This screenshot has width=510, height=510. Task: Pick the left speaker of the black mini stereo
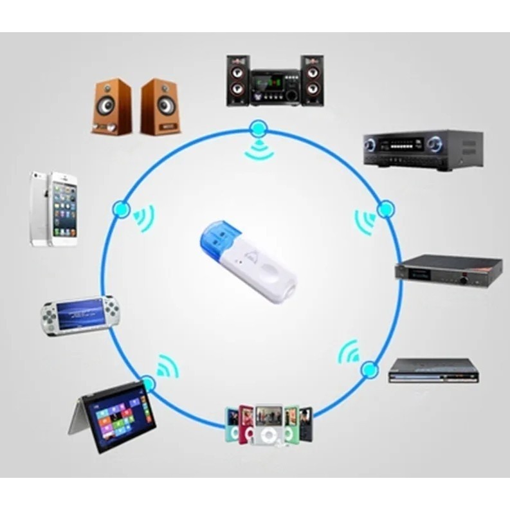click(x=237, y=80)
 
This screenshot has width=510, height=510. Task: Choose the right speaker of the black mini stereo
click(x=312, y=80)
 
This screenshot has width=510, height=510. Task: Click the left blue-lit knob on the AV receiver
click(x=370, y=144)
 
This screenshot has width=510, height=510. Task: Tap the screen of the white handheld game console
click(x=81, y=313)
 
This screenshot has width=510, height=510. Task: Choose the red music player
click(x=246, y=424)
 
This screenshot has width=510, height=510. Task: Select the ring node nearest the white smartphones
click(x=121, y=208)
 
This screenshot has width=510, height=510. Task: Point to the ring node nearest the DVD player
click(x=369, y=369)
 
